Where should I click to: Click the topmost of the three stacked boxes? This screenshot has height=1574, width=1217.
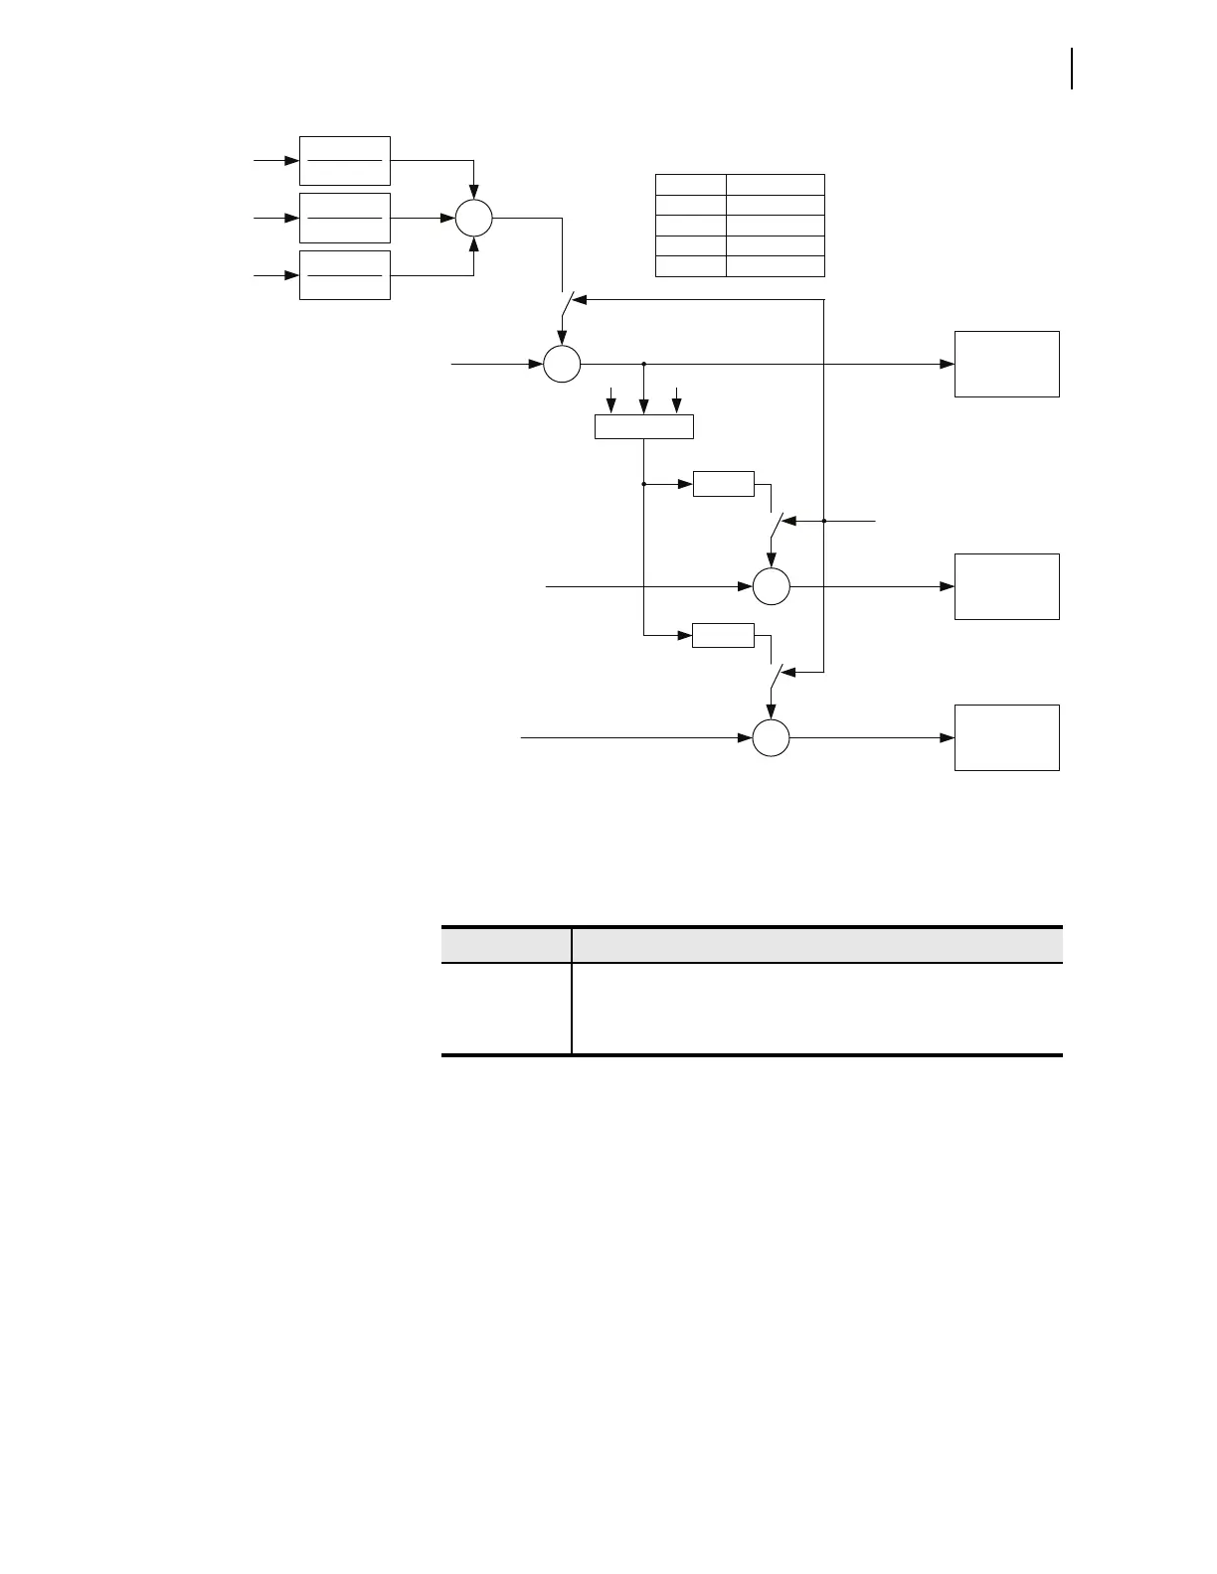point(344,161)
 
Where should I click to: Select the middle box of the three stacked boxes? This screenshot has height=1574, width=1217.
point(344,218)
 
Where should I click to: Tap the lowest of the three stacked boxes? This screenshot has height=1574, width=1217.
point(344,275)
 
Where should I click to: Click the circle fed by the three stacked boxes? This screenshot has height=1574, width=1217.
point(474,218)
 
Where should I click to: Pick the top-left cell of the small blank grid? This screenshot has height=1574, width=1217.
point(690,184)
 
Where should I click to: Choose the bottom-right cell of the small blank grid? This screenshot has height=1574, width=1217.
point(775,266)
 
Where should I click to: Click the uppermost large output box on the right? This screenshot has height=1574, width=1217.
point(1006,364)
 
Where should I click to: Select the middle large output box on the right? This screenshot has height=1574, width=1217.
point(1006,586)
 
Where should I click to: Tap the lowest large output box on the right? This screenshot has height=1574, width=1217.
point(1006,737)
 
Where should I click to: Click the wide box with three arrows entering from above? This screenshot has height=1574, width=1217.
point(643,427)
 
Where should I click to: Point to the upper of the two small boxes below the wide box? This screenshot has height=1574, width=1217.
point(723,484)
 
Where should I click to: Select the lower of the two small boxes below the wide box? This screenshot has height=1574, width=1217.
point(723,635)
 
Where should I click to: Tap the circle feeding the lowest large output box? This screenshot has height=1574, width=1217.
point(771,738)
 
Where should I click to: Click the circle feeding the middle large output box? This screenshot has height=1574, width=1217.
point(771,586)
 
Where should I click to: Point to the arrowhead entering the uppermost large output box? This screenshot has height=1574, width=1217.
point(948,365)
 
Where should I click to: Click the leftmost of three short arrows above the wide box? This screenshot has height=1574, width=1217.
point(610,399)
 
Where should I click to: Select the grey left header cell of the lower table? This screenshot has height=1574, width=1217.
point(506,944)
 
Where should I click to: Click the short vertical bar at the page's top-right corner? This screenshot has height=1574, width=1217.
point(1072,69)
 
